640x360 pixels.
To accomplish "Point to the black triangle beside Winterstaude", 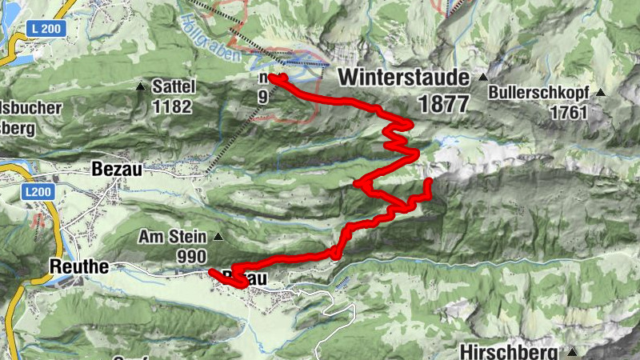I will tap(482, 78).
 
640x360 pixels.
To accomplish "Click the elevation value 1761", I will tap(569, 112).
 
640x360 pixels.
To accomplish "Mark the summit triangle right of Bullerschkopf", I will tap(600, 91).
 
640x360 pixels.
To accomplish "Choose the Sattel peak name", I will tap(174, 86).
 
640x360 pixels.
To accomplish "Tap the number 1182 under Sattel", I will tap(174, 106).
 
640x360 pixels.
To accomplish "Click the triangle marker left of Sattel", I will tap(142, 86).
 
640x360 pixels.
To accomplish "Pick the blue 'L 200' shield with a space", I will tap(45, 29).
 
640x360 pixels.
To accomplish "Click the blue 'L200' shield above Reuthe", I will tap(35, 193).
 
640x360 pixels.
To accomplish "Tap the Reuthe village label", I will tap(78, 266).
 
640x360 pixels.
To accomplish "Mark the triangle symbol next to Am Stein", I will tap(217, 237).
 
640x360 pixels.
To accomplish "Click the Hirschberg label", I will tap(513, 351).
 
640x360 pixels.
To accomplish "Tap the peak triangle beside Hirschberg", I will tap(573, 352).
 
